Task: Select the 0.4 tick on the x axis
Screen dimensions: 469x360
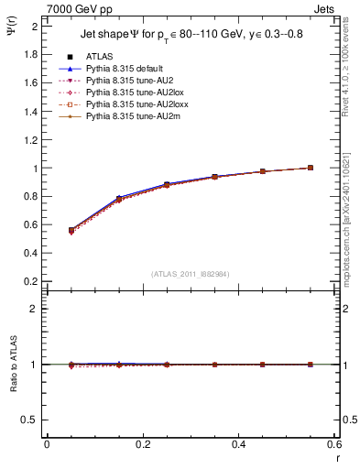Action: coord(238,445)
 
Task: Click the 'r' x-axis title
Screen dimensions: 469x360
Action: coord(336,456)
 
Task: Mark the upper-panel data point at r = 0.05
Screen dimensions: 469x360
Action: coord(71,231)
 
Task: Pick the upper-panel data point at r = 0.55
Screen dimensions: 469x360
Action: coord(311,168)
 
